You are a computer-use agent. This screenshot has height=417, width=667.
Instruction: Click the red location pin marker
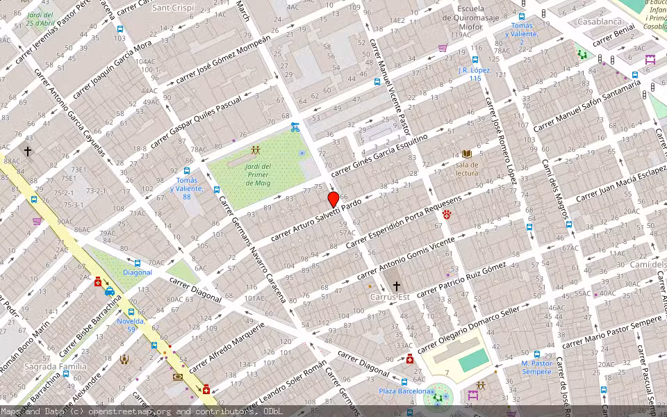pyautogui.click(x=333, y=199)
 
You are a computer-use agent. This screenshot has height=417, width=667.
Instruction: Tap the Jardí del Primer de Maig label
pyautogui.click(x=258, y=175)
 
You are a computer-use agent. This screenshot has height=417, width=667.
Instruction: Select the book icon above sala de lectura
pyautogui.click(x=467, y=154)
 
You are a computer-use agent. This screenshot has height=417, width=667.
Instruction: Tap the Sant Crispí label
pyautogui.click(x=173, y=7)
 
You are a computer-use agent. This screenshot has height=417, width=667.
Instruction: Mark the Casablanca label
pyautogui.click(x=599, y=22)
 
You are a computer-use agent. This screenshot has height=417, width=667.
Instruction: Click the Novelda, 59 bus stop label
pyautogui.click(x=131, y=325)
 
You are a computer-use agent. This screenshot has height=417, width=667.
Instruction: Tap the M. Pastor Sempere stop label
pyautogui.click(x=536, y=367)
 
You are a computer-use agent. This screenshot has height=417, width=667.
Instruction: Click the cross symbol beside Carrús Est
pyautogui.click(x=397, y=286)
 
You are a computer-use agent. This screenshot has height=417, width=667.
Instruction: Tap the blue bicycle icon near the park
pyautogui.click(x=295, y=127)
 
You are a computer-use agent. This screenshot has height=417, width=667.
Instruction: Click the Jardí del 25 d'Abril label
pyautogui.click(x=40, y=19)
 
